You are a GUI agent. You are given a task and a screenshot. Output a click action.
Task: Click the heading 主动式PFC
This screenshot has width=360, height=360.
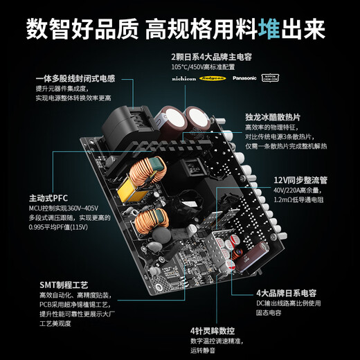pos(44,196)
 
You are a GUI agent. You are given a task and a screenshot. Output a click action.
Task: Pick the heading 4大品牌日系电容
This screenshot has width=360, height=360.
pos(287,293)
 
